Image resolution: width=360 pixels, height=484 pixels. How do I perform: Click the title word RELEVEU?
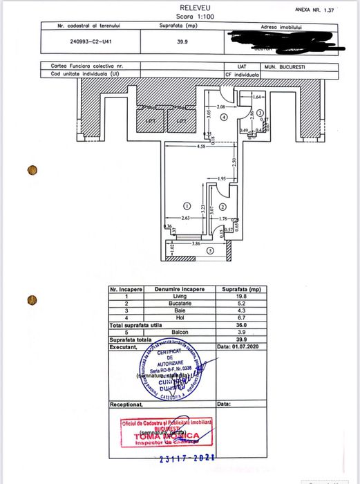click(180, 6)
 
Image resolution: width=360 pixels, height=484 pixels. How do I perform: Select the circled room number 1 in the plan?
click(186, 206)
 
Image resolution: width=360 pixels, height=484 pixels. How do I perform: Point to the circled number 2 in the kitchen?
click(222, 207)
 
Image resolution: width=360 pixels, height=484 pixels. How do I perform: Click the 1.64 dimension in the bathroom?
click(256, 97)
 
